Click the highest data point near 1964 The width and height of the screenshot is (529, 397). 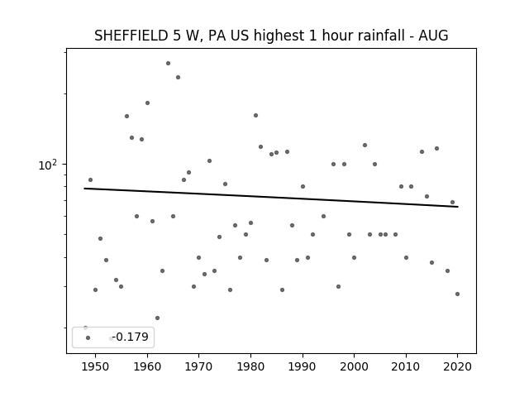pyautogui.click(x=168, y=63)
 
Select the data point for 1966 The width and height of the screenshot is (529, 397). pyautogui.click(x=179, y=77)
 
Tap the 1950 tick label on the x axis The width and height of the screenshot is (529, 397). pyautogui.click(x=96, y=367)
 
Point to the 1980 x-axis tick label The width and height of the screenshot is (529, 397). pyautogui.click(x=250, y=367)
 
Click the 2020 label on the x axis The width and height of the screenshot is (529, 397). pyautogui.click(x=457, y=367)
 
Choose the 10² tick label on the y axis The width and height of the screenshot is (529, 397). pyautogui.click(x=48, y=165)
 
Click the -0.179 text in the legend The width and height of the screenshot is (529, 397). pyautogui.click(x=131, y=337)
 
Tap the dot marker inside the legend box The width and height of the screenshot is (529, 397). pyautogui.click(x=88, y=337)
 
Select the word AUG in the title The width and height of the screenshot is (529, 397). pyautogui.click(x=433, y=36)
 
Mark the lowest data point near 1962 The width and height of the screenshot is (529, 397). pyautogui.click(x=157, y=318)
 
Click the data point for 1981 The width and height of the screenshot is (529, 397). pyautogui.click(x=255, y=116)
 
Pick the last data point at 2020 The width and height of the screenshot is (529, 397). pyautogui.click(x=457, y=294)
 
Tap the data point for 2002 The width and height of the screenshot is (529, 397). pyautogui.click(x=365, y=146)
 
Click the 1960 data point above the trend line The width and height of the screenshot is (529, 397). pyautogui.click(x=147, y=103)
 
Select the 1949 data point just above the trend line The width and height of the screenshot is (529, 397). pyautogui.click(x=90, y=180)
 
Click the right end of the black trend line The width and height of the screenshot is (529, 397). pyautogui.click(x=458, y=207)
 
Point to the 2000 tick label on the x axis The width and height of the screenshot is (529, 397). pyautogui.click(x=354, y=367)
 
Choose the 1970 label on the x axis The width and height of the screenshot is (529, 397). pyautogui.click(x=198, y=367)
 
